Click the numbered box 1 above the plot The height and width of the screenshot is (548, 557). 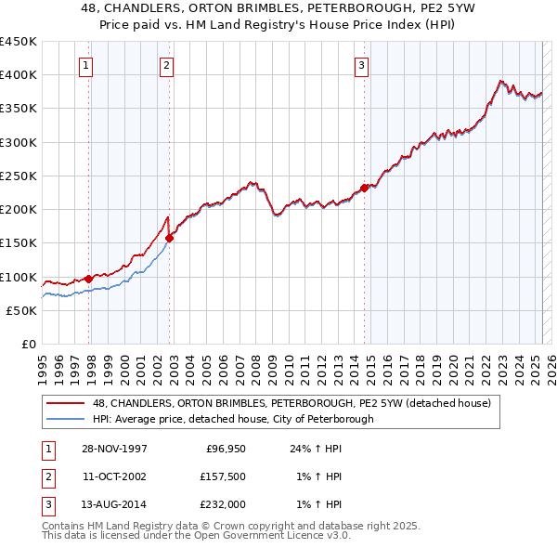click(x=85, y=65)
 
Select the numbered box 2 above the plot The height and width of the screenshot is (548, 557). click(x=165, y=65)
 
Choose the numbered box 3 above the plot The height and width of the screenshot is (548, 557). click(x=360, y=65)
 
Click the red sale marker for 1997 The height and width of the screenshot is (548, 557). click(x=89, y=279)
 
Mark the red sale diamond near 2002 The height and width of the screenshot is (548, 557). click(x=169, y=238)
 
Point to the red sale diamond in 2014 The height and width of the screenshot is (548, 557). click(x=364, y=188)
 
